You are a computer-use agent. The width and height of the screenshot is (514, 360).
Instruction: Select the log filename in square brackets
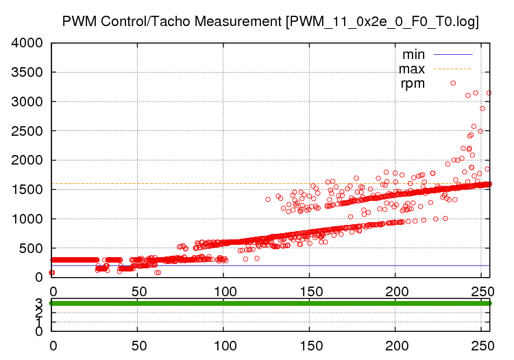click(x=382, y=22)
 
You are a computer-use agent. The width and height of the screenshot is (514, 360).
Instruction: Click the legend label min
click(x=413, y=53)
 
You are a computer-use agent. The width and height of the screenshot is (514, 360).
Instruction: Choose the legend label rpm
click(x=413, y=84)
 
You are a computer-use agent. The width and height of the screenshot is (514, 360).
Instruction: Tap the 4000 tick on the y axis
click(x=27, y=43)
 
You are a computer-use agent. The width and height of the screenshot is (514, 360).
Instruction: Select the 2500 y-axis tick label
click(x=27, y=131)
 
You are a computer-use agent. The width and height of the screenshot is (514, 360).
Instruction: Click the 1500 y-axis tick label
click(x=27, y=190)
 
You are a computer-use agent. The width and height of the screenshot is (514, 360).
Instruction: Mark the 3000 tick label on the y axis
click(x=27, y=101)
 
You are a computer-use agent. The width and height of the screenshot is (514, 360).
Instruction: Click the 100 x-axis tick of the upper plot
click(x=223, y=290)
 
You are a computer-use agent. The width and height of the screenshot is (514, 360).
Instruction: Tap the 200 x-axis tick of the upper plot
click(x=395, y=290)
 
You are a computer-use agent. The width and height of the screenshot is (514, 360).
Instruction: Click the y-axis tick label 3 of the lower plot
click(x=38, y=302)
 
